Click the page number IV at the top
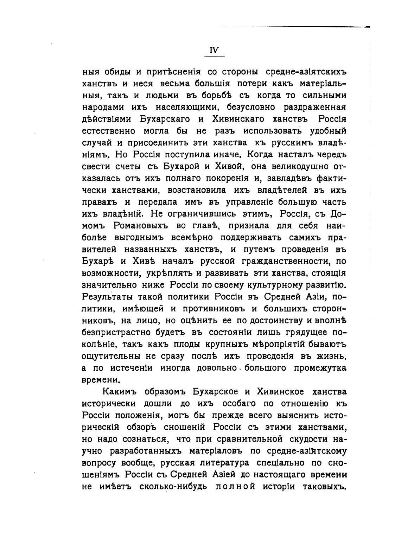(214, 50)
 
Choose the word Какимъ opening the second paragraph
(120, 392)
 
